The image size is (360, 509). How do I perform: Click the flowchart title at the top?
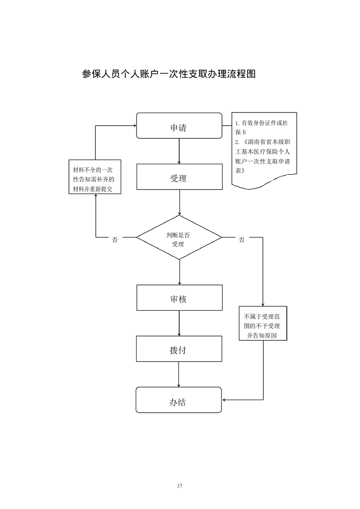[x=168, y=74]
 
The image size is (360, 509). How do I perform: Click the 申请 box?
[x=179, y=126]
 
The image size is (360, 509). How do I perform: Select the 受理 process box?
[x=179, y=177]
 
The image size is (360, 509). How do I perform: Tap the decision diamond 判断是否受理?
[x=179, y=237]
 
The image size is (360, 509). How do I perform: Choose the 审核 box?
[x=179, y=298]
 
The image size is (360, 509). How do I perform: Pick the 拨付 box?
[x=179, y=349]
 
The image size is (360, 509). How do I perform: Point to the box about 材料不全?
[x=94, y=177]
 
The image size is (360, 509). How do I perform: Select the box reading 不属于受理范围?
[x=263, y=323]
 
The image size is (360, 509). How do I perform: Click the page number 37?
[x=180, y=486]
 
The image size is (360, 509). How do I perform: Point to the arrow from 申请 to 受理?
[x=180, y=151]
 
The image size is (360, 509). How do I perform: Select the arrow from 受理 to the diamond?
[x=180, y=202]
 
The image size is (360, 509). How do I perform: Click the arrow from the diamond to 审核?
[x=180, y=272]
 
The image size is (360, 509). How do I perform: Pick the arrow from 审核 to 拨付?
[x=180, y=323]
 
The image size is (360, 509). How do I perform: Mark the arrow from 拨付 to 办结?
[x=180, y=374]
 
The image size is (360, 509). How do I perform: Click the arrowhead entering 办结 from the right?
[x=225, y=400]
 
